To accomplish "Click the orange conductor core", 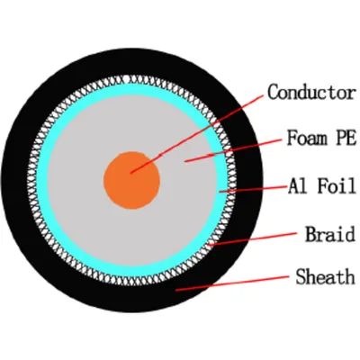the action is (131, 180).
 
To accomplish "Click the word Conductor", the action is (312, 92).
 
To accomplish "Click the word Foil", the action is (337, 185).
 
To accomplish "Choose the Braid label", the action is (330, 234).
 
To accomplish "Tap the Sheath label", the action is (326, 276).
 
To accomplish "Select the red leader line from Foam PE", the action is (233, 150).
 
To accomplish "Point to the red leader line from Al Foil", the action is (253, 189).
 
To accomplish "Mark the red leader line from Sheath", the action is (232, 283).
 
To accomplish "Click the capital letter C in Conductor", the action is (273, 92).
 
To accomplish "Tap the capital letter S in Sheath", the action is (301, 276).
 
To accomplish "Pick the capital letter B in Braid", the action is (310, 234).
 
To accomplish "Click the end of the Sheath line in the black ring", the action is (175, 290).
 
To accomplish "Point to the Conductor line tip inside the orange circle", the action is (130, 173).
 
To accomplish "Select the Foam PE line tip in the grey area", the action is (184, 162).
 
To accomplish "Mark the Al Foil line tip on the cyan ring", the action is (220, 191).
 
